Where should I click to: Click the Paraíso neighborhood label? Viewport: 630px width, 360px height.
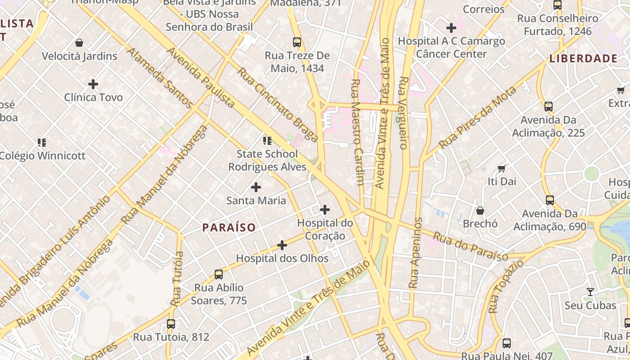tap(229, 228)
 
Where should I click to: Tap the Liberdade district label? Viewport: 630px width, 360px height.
tap(583, 58)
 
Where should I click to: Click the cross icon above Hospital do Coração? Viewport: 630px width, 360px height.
tap(324, 210)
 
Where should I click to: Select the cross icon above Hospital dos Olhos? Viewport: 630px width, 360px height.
tap(282, 245)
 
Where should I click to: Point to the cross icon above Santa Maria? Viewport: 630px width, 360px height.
tap(256, 187)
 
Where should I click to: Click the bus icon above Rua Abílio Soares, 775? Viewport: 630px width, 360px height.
tap(219, 274)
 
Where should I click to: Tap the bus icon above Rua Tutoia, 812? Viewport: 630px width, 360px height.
tap(171, 324)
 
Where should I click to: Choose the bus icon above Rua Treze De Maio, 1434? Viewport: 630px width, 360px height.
tap(297, 42)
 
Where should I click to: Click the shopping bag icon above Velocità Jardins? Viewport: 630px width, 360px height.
tap(79, 43)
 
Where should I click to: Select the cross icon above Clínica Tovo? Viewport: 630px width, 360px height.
tap(93, 84)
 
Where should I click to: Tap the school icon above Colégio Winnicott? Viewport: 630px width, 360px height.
tap(42, 143)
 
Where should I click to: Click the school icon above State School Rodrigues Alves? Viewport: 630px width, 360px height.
tap(267, 141)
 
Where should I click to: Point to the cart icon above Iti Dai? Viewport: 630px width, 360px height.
tap(502, 168)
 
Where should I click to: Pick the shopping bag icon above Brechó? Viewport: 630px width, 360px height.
tap(480, 211)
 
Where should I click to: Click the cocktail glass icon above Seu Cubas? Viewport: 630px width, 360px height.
tap(590, 292)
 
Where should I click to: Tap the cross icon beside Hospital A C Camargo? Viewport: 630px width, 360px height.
tap(451, 28)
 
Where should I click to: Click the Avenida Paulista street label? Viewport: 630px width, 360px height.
tap(200, 77)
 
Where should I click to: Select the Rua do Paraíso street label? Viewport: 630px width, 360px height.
tap(471, 246)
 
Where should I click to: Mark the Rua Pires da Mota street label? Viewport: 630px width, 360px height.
tap(477, 118)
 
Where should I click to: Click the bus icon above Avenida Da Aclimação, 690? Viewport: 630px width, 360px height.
tap(549, 200)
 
